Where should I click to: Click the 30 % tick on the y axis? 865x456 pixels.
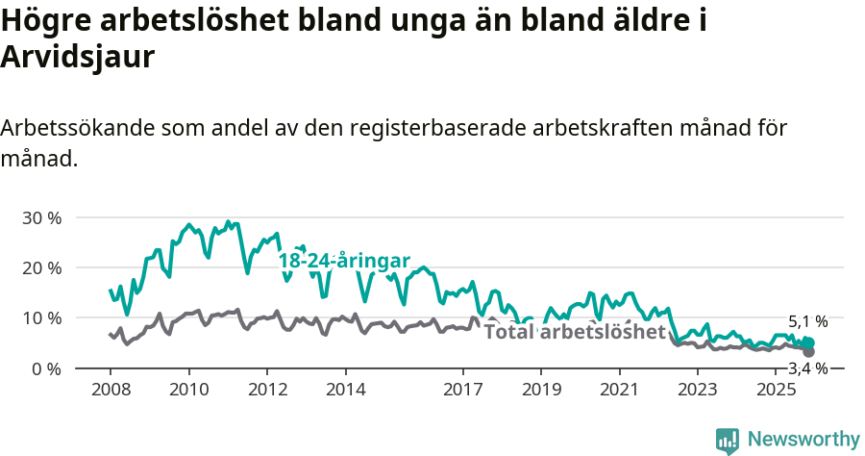41,217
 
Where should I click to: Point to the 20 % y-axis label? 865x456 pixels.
41,267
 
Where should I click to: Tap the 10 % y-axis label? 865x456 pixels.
41,317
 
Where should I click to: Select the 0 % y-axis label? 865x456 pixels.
45,368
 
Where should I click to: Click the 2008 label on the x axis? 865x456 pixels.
111,390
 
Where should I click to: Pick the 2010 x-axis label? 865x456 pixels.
188,390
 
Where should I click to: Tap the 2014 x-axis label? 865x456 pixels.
345,390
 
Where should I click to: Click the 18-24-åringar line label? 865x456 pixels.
344,261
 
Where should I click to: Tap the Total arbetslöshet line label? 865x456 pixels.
575,333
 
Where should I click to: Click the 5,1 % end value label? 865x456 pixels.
807,322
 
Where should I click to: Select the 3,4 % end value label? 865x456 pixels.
807,368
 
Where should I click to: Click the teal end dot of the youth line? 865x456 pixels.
808,343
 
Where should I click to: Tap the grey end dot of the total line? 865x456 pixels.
808,352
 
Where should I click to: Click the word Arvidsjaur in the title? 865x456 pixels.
78,57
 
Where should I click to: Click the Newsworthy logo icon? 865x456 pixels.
728,440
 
